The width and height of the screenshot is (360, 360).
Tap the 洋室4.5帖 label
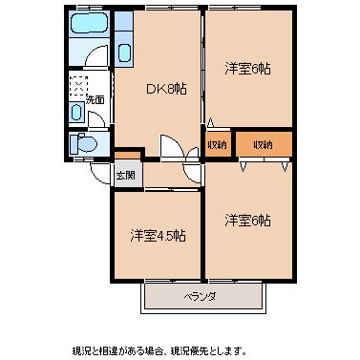[158, 236]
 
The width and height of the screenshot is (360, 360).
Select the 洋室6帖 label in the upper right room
[247, 70]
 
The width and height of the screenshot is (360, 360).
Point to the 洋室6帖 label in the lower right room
[247, 221]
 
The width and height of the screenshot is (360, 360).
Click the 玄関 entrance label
[125, 176]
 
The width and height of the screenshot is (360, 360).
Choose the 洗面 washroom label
[95, 98]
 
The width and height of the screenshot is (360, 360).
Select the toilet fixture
[81, 144]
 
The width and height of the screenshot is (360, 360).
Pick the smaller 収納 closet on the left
[217, 144]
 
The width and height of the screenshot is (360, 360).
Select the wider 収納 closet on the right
[262, 144]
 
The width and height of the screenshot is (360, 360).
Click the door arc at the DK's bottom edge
[175, 149]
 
